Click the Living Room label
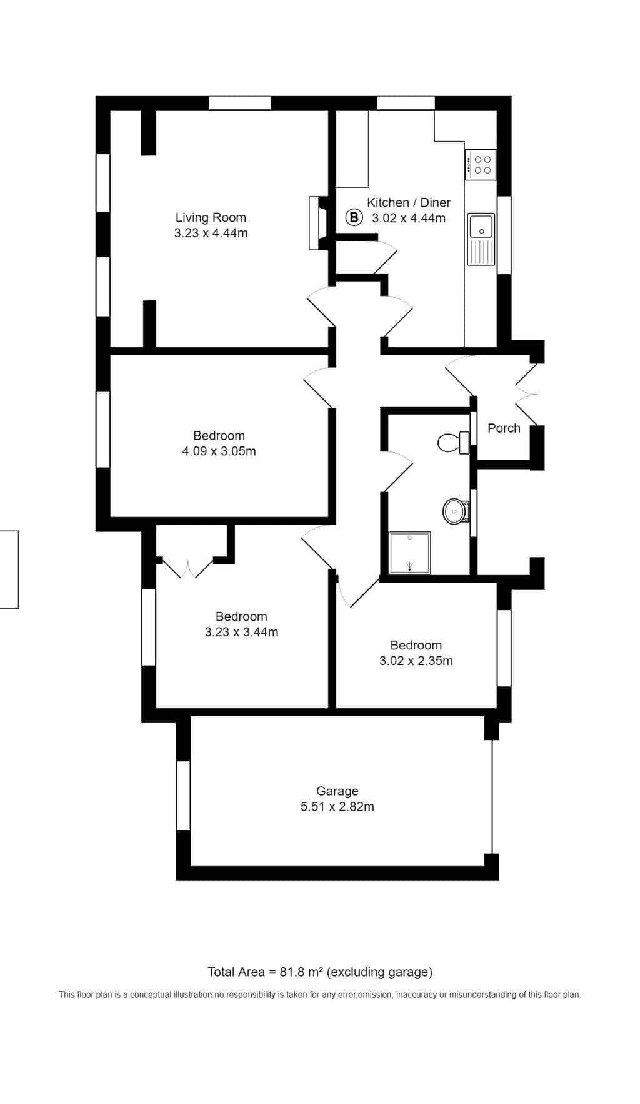point(211,217)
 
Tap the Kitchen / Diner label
point(409,202)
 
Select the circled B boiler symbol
point(354,218)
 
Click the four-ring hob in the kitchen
point(481,164)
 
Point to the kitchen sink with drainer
point(481,239)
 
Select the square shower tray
point(410,553)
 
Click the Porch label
point(504,428)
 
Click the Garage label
point(337,791)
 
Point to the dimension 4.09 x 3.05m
point(219,451)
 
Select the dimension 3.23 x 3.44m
point(241,632)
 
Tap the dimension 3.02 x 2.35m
point(416,661)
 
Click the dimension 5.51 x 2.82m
point(337,807)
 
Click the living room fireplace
point(317,223)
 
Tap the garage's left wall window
point(183,796)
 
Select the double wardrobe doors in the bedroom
point(188,568)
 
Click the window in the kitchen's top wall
point(406,103)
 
